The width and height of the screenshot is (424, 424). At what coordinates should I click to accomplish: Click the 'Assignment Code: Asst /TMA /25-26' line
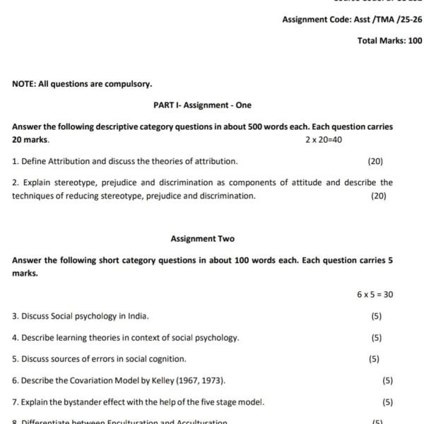pos(352,20)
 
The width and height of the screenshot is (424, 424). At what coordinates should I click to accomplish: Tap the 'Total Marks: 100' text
pos(390,41)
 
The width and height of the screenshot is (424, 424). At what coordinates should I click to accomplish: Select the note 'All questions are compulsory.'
pos(82,83)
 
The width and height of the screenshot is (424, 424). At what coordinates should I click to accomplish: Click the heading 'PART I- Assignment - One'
pos(202,105)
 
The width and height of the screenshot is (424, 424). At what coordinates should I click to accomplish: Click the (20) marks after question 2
pos(379,196)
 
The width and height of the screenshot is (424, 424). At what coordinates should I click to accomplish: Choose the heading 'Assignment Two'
pos(202,239)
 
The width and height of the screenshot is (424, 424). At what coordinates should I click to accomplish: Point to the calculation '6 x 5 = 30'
pos(375,295)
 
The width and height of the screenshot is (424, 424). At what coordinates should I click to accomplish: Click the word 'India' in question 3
pos(137,316)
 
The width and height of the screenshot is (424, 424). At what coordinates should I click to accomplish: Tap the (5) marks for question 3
pos(376,316)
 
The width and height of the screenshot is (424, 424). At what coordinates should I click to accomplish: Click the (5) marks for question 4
pos(376,338)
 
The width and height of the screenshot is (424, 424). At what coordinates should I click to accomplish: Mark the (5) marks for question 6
pos(387,381)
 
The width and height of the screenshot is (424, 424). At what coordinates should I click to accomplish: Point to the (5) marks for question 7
pos(387,402)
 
